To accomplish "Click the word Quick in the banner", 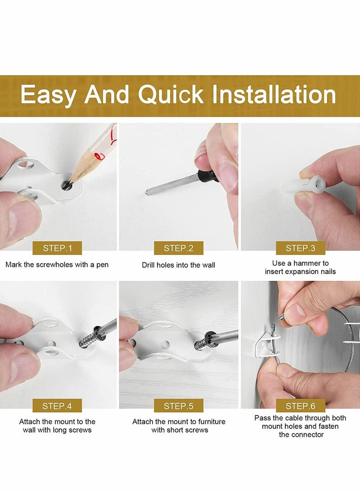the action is click(171, 95).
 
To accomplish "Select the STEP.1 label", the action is click(57, 248).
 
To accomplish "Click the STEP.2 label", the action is click(179, 248).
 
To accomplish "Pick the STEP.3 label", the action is click(301, 248).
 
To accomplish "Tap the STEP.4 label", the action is click(57, 406).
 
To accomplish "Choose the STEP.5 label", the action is click(179, 406).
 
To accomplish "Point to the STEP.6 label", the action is click(301, 406).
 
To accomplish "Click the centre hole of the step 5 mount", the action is click(165, 345).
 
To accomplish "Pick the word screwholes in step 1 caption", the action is click(55, 265).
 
